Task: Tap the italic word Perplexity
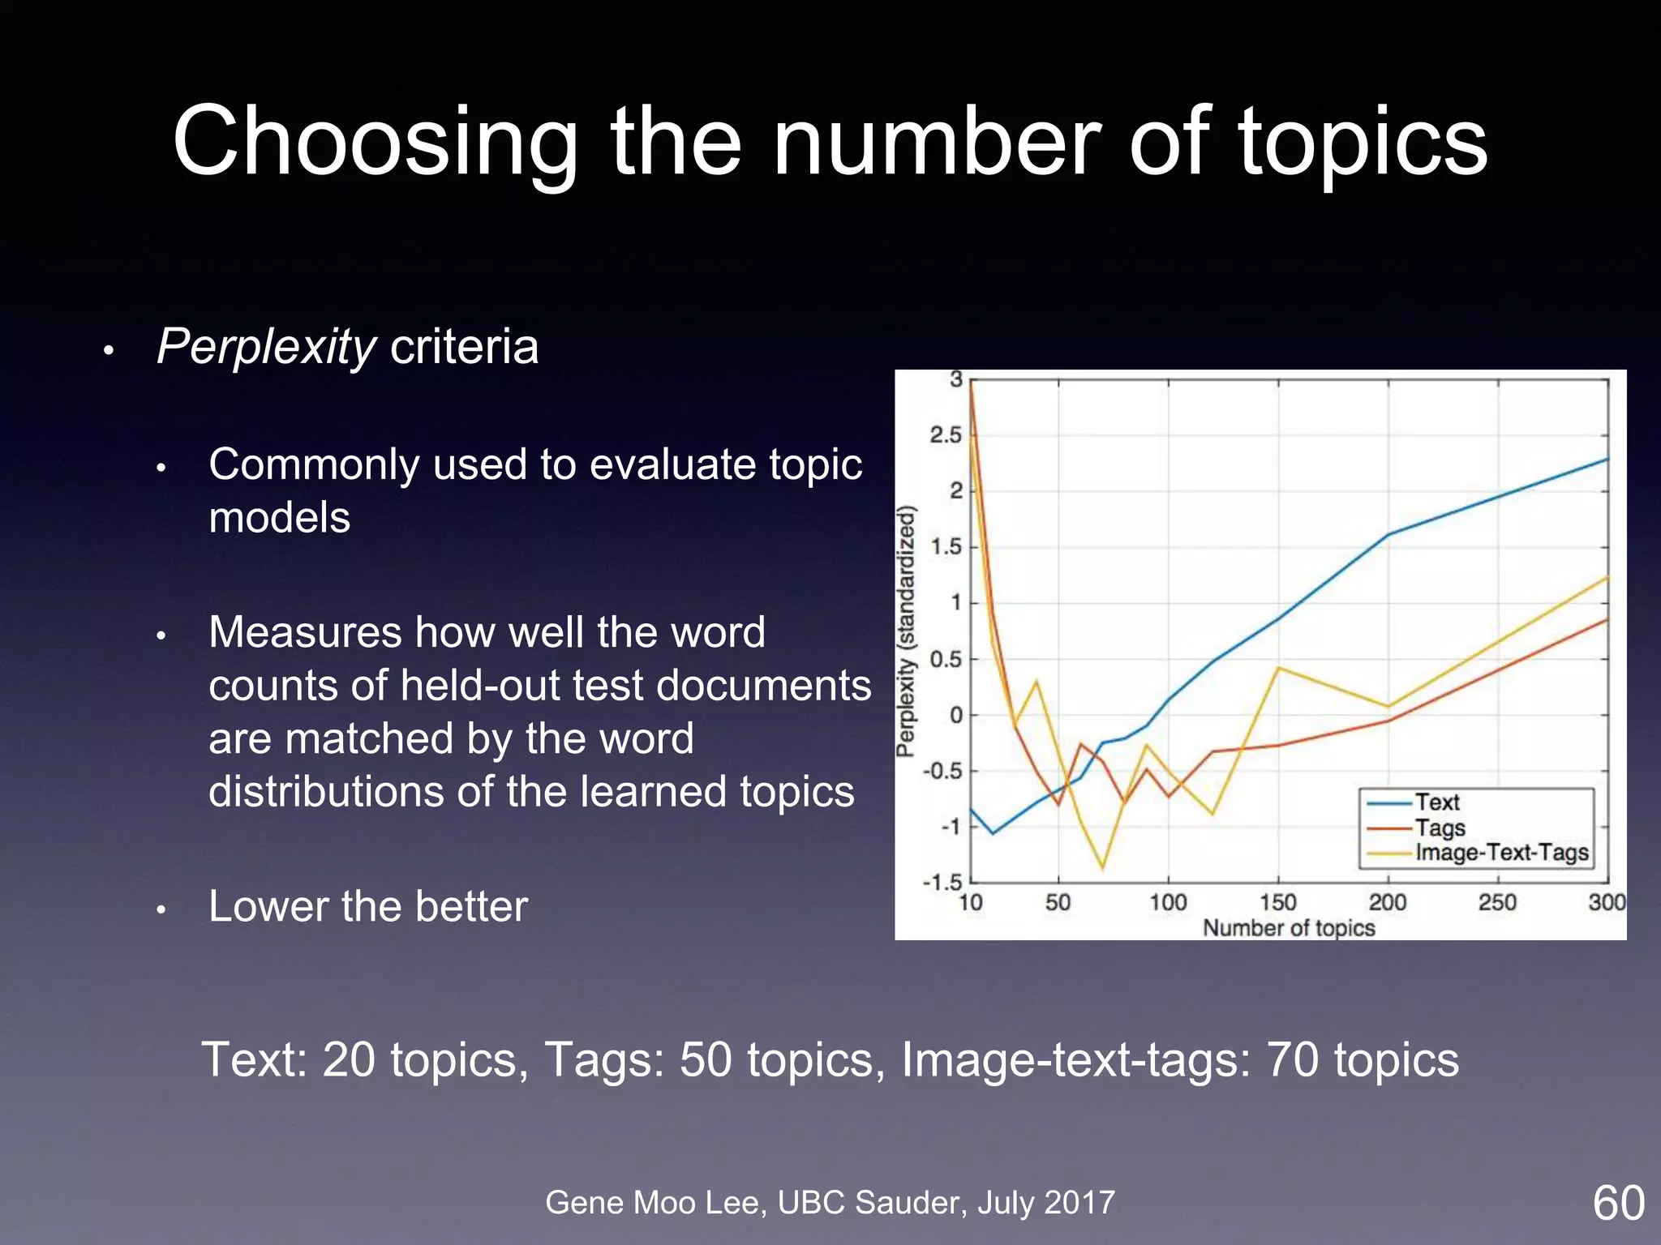[266, 347]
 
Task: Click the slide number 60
[1618, 1203]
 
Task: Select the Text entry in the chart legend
[1436, 802]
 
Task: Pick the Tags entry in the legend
[1440, 828]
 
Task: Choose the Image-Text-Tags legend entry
[1501, 853]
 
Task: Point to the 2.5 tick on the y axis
[945, 435]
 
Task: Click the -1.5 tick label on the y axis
[942, 882]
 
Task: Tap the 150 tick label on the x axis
[1277, 902]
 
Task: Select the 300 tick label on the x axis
[1607, 902]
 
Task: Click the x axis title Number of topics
[1289, 928]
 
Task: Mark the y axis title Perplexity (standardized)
[907, 631]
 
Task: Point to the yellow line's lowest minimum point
[1102, 869]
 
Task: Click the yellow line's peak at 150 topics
[1278, 668]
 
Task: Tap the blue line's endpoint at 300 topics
[1607, 460]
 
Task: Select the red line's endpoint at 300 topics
[1607, 620]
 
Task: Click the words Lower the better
[367, 906]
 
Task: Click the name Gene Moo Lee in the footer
[655, 1203]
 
